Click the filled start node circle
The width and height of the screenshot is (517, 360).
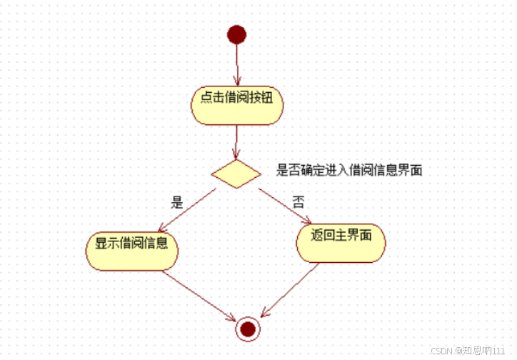(x=236, y=34)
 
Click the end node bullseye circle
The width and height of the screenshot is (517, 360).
(x=248, y=328)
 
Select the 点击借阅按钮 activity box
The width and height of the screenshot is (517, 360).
(x=237, y=105)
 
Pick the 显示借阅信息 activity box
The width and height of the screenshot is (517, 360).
(x=131, y=249)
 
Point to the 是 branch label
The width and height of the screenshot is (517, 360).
(x=178, y=202)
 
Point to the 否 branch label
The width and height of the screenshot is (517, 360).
(x=298, y=202)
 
